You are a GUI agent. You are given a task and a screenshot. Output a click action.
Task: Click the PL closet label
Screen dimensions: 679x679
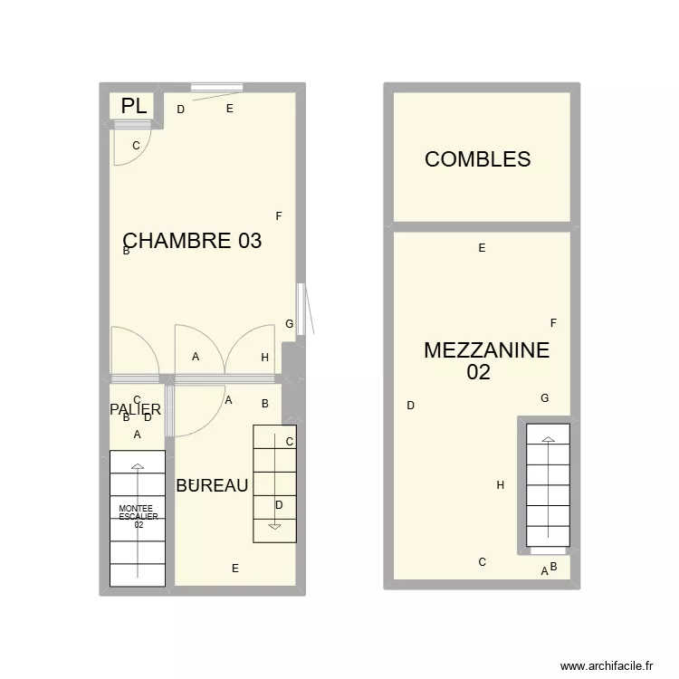[x=134, y=106]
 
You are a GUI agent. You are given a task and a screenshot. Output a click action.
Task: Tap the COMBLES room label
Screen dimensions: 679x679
[x=477, y=159]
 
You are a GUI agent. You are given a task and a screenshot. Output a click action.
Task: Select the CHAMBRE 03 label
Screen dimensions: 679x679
[x=192, y=241]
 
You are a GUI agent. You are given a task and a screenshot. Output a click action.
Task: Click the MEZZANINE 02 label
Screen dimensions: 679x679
[x=485, y=360]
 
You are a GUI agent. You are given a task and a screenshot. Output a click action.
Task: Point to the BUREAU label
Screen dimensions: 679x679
[x=212, y=486]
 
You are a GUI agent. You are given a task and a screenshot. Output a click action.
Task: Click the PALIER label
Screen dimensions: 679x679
[x=135, y=410]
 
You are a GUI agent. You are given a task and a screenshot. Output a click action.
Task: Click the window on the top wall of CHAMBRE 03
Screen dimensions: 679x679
[x=215, y=88]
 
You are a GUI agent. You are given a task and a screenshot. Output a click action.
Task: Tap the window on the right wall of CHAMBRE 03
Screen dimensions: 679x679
[x=301, y=310]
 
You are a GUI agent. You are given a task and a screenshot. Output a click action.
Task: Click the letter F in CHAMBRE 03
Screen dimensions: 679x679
[x=279, y=216]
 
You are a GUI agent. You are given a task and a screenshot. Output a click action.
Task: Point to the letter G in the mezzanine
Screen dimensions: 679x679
[x=544, y=398]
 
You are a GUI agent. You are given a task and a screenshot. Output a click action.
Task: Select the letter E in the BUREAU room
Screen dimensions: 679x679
[x=235, y=569]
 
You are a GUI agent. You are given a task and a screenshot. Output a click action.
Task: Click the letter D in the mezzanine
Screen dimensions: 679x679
[x=411, y=406]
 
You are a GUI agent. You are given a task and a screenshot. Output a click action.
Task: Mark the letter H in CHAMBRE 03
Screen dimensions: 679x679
[x=264, y=358]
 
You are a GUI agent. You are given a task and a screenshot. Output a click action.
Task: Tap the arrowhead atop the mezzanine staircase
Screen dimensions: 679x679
[x=547, y=440]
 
